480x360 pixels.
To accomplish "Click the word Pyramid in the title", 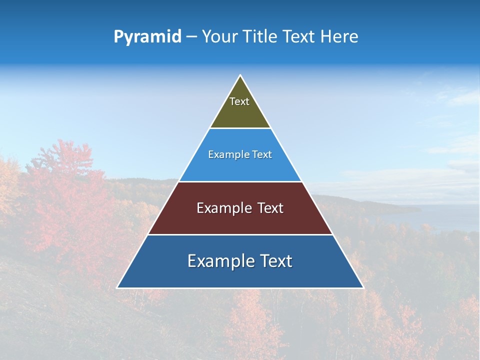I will click(147, 37).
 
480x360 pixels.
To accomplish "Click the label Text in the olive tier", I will click(239, 101).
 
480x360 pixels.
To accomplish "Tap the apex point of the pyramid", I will click(240, 76).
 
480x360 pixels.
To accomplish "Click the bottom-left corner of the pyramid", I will click(118, 287).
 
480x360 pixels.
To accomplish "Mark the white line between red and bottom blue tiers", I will click(240, 234).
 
